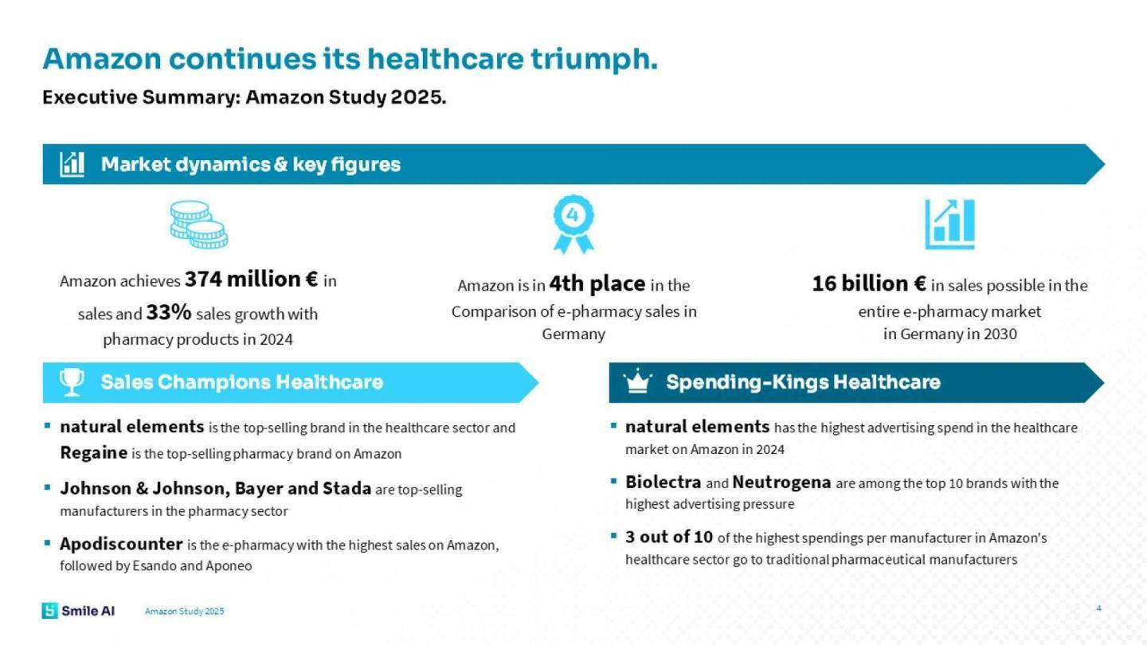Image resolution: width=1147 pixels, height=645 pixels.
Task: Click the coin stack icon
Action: pyautogui.click(x=198, y=225)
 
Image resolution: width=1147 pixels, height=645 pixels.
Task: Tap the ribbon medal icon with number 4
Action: pyautogui.click(x=573, y=224)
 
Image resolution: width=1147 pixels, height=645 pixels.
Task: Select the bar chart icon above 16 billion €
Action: pyautogui.click(x=949, y=225)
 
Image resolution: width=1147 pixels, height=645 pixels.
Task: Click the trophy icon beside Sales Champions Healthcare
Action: pyautogui.click(x=72, y=382)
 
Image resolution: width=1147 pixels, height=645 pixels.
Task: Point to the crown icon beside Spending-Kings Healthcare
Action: pyautogui.click(x=637, y=382)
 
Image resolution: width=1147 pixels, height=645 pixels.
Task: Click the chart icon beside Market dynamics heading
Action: pyautogui.click(x=72, y=164)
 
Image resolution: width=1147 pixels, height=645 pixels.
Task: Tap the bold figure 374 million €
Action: pyautogui.click(x=252, y=279)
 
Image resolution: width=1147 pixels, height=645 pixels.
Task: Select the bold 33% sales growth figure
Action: pyautogui.click(x=169, y=313)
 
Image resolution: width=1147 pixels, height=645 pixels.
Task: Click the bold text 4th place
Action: pyautogui.click(x=597, y=283)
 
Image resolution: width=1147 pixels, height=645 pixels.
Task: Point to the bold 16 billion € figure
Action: pyautogui.click(x=868, y=283)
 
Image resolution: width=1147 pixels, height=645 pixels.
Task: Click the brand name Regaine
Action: pyautogui.click(x=93, y=453)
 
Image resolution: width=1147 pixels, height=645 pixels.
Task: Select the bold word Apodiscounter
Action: pyautogui.click(x=121, y=544)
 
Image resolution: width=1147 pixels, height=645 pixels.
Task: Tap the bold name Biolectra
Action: pyautogui.click(x=663, y=482)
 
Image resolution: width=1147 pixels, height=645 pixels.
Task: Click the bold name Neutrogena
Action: pyautogui.click(x=781, y=482)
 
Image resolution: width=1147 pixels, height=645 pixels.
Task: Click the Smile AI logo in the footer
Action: pyautogui.click(x=78, y=611)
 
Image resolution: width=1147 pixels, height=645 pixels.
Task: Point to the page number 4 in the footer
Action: pyautogui.click(x=1098, y=609)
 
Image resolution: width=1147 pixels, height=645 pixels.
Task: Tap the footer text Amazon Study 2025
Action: pyautogui.click(x=184, y=612)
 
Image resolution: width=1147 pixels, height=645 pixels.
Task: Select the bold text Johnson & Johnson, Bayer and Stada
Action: pyautogui.click(x=215, y=488)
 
